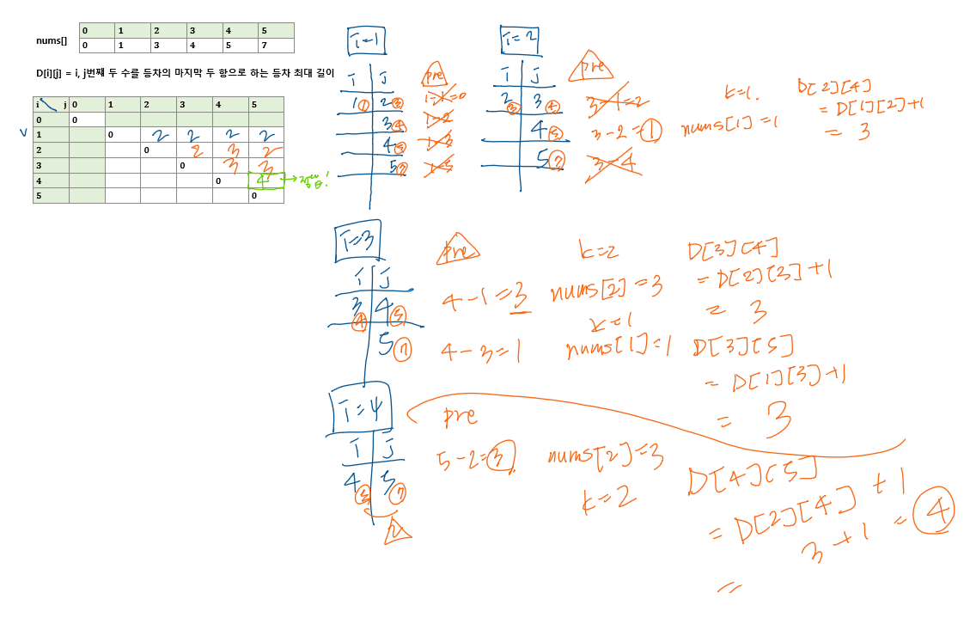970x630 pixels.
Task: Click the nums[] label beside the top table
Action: pos(51,40)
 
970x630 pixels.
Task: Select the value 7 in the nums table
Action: pos(265,46)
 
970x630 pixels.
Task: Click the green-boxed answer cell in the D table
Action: pos(265,180)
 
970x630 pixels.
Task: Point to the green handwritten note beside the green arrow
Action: pos(315,180)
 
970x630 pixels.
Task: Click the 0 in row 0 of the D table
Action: pos(75,120)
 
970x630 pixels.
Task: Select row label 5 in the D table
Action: pos(39,196)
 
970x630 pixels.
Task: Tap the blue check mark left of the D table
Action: pos(24,132)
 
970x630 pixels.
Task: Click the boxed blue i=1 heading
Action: pos(366,40)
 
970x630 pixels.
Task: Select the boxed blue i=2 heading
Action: pos(520,39)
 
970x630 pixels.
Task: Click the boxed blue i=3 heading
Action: pos(357,240)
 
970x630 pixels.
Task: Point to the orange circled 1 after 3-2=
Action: pos(650,132)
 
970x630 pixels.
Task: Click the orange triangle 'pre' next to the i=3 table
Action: pos(457,250)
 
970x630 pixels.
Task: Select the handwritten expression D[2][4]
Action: pos(833,86)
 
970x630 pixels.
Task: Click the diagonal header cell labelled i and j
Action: pos(51,105)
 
